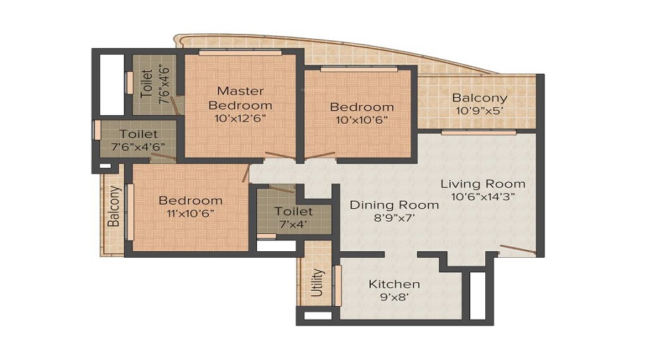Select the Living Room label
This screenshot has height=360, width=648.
(482, 184)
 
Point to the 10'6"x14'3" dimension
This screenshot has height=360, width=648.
(482, 196)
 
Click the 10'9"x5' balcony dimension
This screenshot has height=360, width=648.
(480, 112)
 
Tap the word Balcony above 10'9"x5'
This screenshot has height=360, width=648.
(480, 98)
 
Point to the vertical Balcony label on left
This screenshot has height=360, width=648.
(114, 207)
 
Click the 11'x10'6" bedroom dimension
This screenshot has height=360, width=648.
(190, 213)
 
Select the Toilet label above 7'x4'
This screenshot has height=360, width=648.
(294, 211)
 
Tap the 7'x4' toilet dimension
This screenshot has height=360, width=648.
(294, 224)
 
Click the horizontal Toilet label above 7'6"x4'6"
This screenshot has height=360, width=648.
(138, 134)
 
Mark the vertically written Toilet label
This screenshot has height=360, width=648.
(146, 84)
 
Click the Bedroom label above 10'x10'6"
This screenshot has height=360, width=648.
(361, 107)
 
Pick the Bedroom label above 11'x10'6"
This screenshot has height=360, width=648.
(190, 200)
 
